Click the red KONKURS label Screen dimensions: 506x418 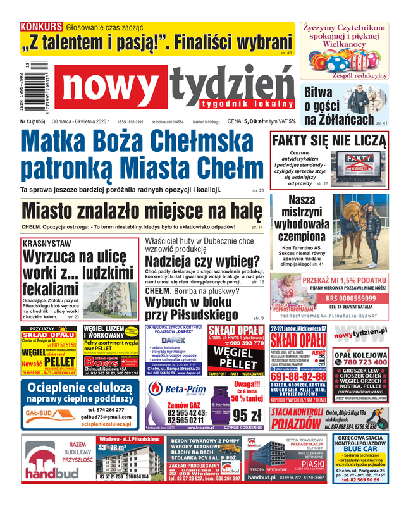pyautogui.click(x=41, y=27)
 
